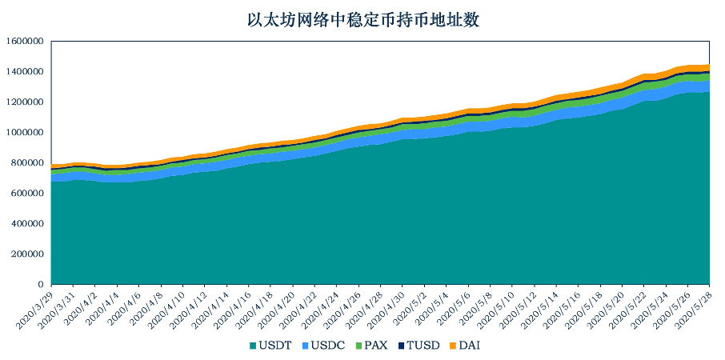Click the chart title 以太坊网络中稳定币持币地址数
(363, 21)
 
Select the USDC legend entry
(322, 346)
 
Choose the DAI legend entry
(464, 346)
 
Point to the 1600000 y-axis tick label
(26, 42)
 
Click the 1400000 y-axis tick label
(26, 72)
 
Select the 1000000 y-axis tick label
(26, 133)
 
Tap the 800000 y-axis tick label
(28, 163)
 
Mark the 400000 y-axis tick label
(28, 224)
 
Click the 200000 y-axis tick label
(28, 254)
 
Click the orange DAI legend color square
(453, 346)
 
